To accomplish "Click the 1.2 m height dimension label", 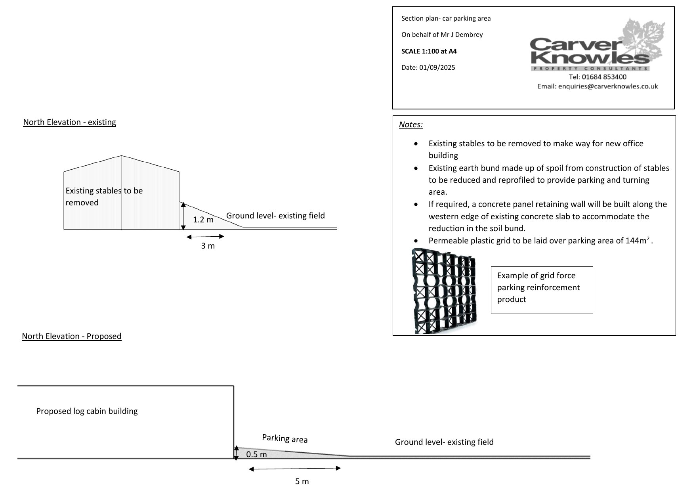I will pyautogui.click(x=203, y=220).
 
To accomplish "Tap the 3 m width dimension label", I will pyautogui.click(x=208, y=246).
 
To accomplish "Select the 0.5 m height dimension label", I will pyautogui.click(x=256, y=454).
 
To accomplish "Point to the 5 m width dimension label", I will pyautogui.click(x=302, y=481).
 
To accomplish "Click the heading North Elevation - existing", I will pyautogui.click(x=69, y=122).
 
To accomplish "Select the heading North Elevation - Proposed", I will pyautogui.click(x=71, y=336).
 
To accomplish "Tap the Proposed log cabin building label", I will pyautogui.click(x=87, y=411).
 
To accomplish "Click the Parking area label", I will pyautogui.click(x=285, y=438).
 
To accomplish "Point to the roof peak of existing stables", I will pyautogui.click(x=121, y=156).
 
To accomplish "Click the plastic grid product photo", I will pyautogui.click(x=444, y=291).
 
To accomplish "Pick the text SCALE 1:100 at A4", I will pyautogui.click(x=429, y=51).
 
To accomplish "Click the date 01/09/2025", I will pyautogui.click(x=437, y=67).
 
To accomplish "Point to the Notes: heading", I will pyautogui.click(x=411, y=124).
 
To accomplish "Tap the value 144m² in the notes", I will pyautogui.click(x=638, y=241).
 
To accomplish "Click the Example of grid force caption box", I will pyautogui.click(x=542, y=290).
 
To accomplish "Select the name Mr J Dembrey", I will pyautogui.click(x=462, y=34).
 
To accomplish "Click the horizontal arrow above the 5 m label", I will pyautogui.click(x=295, y=469).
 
